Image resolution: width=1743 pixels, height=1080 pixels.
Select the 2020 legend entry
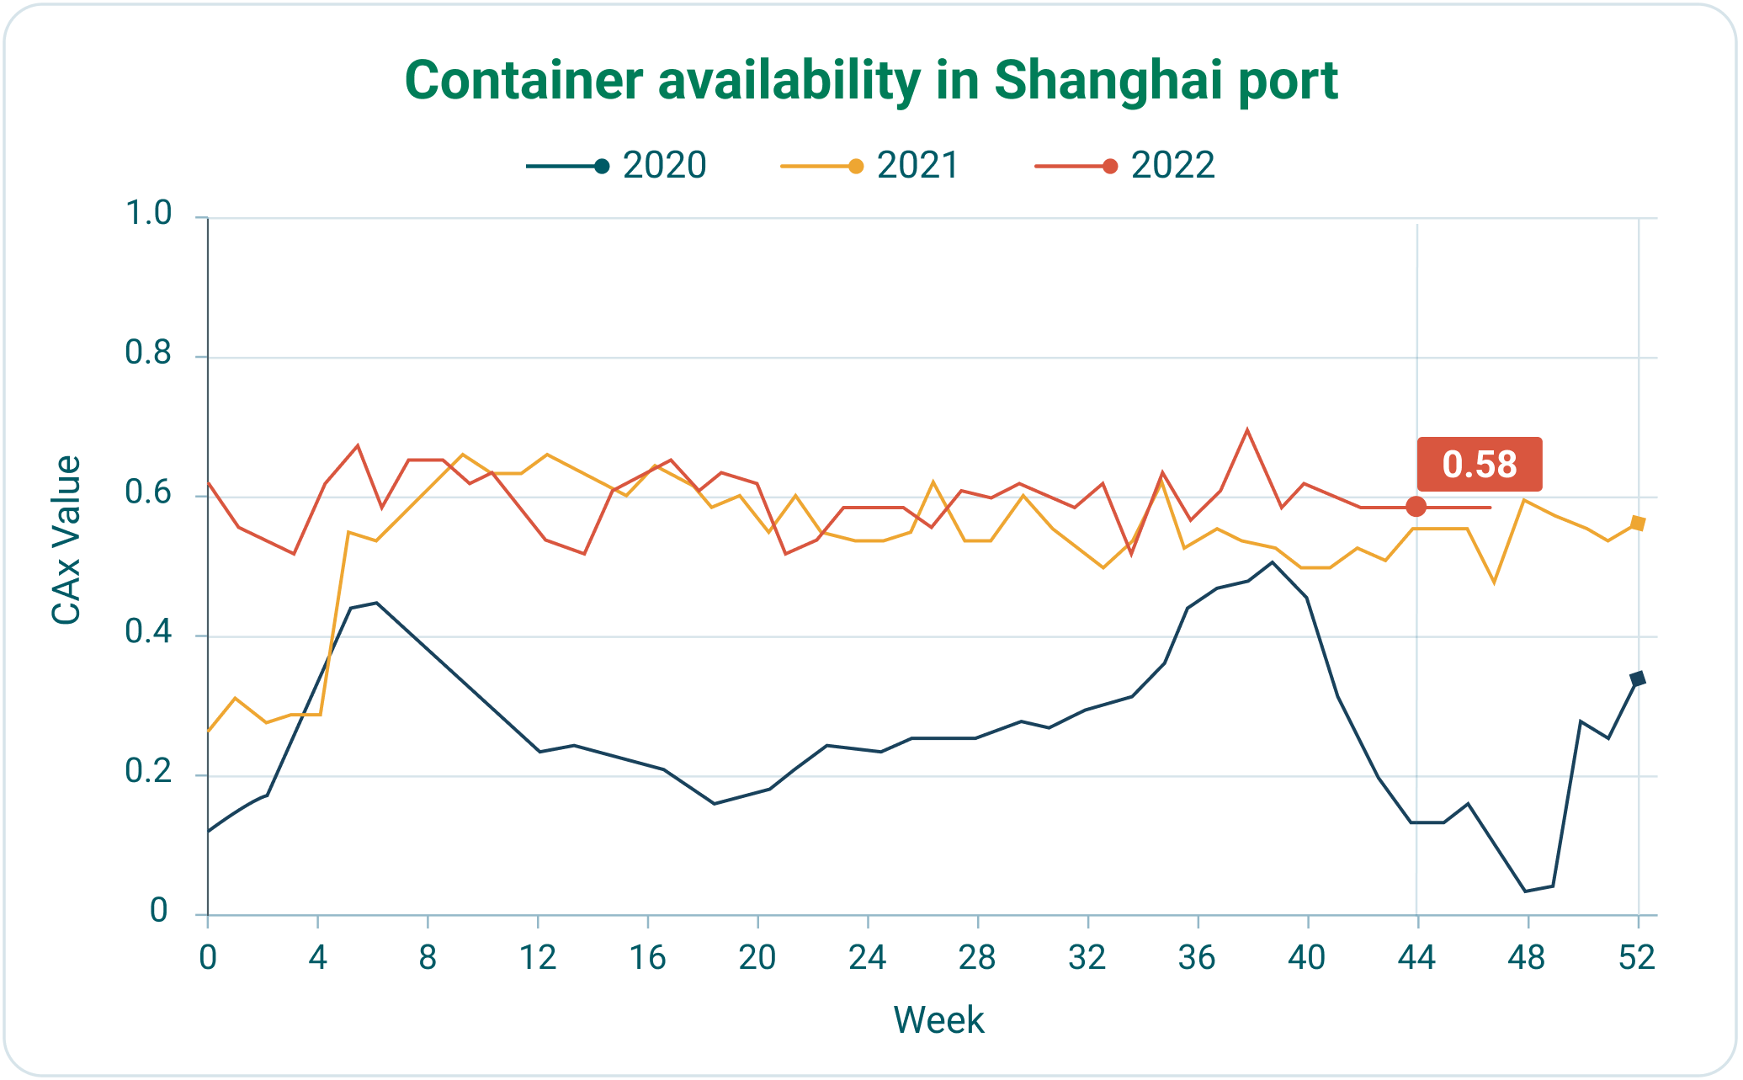point(619,166)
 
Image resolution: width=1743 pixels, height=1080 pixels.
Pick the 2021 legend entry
point(872,166)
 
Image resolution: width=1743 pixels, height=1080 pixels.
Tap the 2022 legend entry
point(1126,166)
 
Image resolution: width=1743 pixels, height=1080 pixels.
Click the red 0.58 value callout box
point(1479,465)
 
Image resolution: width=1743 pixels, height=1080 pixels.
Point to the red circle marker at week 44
point(1416,507)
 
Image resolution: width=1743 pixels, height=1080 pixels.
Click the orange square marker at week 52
point(1638,523)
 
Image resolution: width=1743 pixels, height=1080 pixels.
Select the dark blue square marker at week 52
point(1638,678)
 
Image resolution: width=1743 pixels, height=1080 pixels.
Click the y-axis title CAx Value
point(66,540)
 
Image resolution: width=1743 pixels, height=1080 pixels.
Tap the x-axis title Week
point(938,1020)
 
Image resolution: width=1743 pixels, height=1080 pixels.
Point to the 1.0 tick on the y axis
point(148,215)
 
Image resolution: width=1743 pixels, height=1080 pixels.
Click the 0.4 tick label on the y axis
point(148,633)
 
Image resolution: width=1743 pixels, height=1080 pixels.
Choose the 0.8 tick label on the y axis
point(148,354)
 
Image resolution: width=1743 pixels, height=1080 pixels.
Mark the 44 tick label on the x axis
point(1416,958)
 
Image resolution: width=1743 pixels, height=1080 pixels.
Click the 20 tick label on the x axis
point(757,958)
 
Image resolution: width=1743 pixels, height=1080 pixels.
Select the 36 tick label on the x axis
point(1197,958)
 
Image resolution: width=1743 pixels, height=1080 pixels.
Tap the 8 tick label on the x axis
point(428,958)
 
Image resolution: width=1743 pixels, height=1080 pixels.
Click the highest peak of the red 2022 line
point(1247,429)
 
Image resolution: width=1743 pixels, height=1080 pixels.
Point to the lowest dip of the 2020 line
point(1525,891)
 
